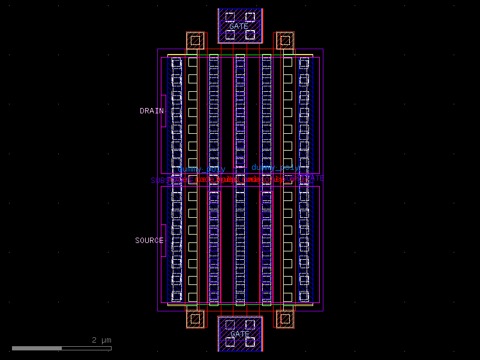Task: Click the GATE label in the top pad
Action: point(238,26)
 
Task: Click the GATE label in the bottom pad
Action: point(239,334)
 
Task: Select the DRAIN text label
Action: point(151,111)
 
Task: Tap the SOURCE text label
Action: point(149,241)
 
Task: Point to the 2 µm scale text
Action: point(101,340)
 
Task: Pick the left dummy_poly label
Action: point(202,170)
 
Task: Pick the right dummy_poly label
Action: point(275,168)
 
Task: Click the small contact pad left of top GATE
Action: point(195,41)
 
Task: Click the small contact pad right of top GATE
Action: point(284,41)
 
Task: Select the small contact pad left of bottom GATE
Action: point(195,319)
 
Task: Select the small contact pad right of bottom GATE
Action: point(284,319)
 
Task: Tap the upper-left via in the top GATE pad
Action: point(230,16)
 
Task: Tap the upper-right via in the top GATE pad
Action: point(250,16)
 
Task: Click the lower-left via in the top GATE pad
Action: point(230,35)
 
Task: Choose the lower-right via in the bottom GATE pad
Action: point(250,343)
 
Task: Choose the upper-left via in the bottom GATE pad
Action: point(230,325)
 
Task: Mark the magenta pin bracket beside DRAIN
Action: point(163,111)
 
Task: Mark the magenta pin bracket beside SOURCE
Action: point(163,241)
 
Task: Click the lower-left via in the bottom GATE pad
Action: point(230,343)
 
